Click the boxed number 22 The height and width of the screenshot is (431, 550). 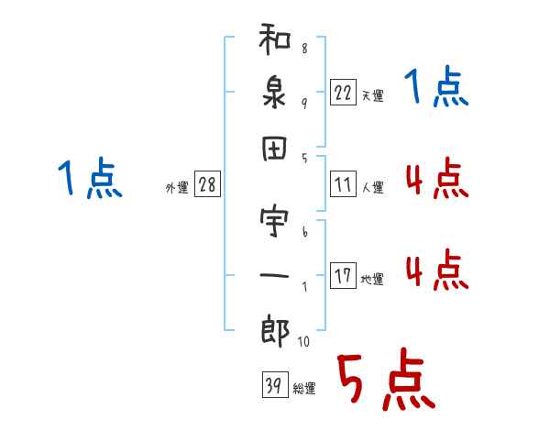click(342, 92)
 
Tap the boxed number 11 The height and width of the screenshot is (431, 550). click(342, 184)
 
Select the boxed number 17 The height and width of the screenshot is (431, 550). click(343, 276)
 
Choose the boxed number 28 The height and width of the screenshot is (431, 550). click(207, 185)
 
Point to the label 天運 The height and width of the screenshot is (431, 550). click(372, 95)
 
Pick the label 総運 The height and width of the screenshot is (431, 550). click(304, 388)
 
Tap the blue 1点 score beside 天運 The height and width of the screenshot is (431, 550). click(436, 89)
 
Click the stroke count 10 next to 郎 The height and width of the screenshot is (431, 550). click(303, 342)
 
